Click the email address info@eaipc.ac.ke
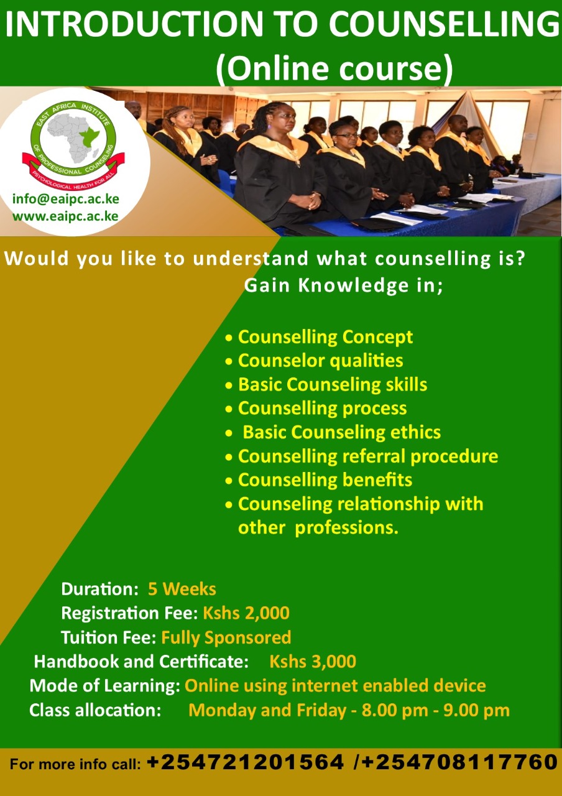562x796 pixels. click(x=66, y=199)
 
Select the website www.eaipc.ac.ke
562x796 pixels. click(x=65, y=216)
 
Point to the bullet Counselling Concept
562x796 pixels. click(x=325, y=337)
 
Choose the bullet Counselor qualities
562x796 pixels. click(x=320, y=361)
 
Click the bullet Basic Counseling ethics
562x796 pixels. click(x=342, y=432)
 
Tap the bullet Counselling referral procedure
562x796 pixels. click(x=368, y=456)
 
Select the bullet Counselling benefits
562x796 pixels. click(x=325, y=479)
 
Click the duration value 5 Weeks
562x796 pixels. click(x=182, y=589)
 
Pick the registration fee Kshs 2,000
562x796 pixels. click(x=246, y=613)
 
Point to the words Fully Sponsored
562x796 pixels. click(x=226, y=637)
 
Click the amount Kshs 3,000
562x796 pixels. click(x=313, y=662)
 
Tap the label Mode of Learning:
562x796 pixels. click(x=105, y=686)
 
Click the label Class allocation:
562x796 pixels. click(x=95, y=710)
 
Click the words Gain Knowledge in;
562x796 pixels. click(x=344, y=285)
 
